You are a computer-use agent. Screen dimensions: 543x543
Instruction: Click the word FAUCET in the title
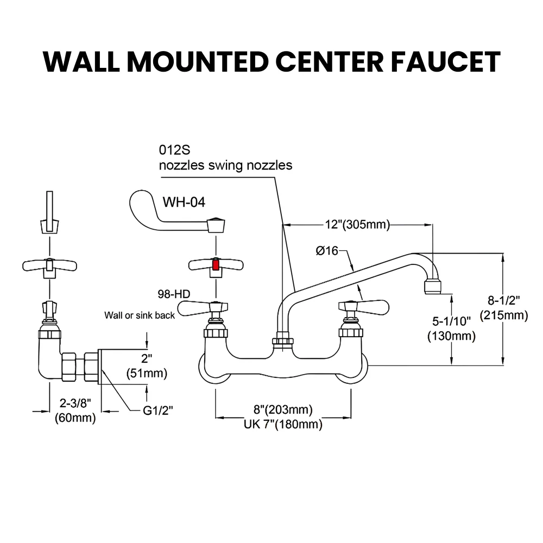(x=446, y=62)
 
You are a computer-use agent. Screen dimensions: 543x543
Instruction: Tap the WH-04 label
(x=184, y=202)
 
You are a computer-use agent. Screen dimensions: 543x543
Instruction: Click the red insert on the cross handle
(x=216, y=266)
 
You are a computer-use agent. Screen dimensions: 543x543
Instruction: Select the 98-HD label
(x=174, y=294)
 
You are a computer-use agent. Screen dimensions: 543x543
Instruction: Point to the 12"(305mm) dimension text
(x=357, y=224)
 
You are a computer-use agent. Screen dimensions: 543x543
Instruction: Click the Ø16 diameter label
(x=326, y=251)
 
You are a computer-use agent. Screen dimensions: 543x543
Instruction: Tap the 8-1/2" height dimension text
(x=504, y=300)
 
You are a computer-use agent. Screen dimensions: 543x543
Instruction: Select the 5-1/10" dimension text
(x=451, y=321)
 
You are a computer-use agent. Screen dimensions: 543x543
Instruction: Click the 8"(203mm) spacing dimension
(x=283, y=409)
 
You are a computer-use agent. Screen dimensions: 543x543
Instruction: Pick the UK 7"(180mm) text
(x=283, y=424)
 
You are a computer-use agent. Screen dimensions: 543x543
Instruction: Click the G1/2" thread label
(x=158, y=411)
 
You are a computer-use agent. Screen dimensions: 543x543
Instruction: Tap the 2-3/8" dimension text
(x=75, y=403)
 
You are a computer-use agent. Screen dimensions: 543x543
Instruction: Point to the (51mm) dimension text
(x=147, y=373)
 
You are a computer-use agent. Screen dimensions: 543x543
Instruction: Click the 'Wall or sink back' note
(x=140, y=315)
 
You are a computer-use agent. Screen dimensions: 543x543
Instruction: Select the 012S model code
(x=174, y=150)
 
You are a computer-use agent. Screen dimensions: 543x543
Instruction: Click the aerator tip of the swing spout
(x=433, y=287)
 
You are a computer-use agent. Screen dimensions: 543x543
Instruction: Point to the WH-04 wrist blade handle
(x=176, y=212)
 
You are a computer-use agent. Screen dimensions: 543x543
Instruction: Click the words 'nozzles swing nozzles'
(x=225, y=165)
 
